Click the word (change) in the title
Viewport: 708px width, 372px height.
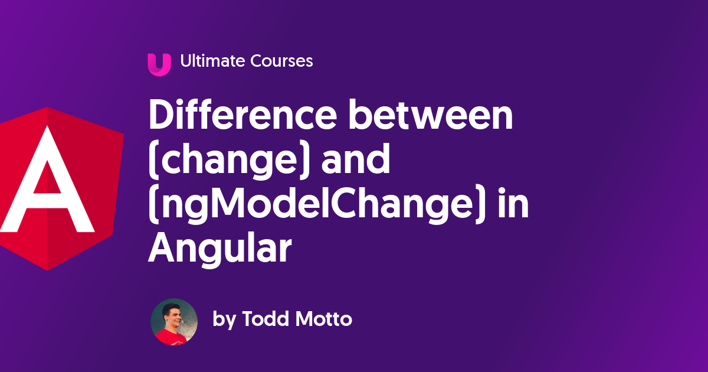click(229, 161)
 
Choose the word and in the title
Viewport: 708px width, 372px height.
click(356, 160)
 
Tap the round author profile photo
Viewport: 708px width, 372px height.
click(174, 321)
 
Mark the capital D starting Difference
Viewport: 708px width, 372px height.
click(162, 116)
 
